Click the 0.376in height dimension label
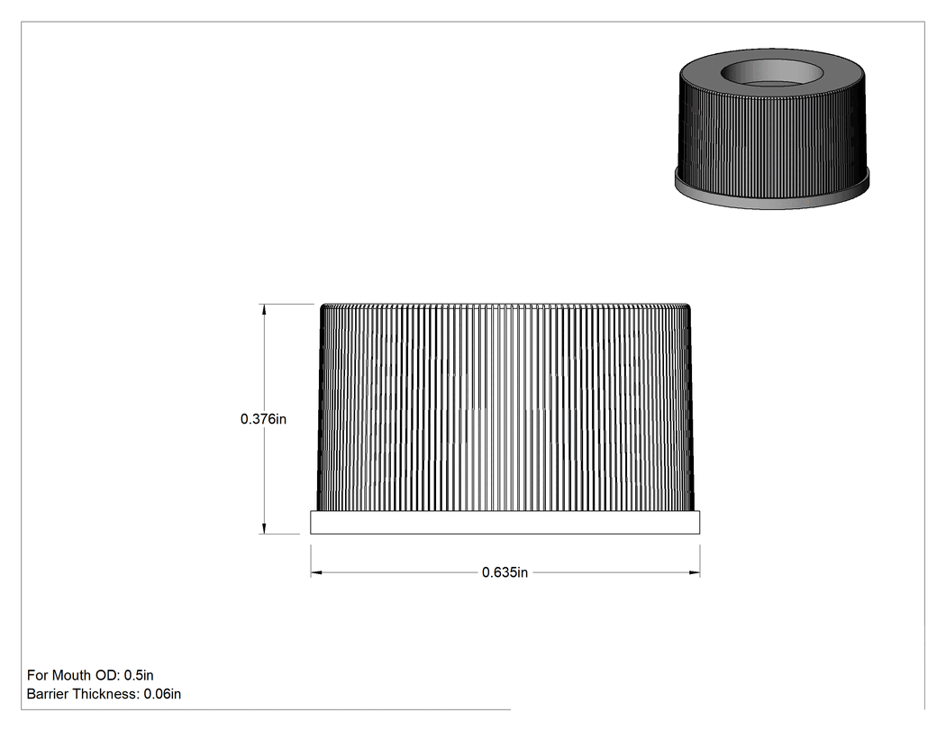(x=263, y=419)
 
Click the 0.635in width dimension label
(x=505, y=572)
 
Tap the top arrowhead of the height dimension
(x=263, y=309)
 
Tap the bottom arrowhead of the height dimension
(x=263, y=528)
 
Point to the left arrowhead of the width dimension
(x=316, y=572)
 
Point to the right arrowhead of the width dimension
(x=695, y=572)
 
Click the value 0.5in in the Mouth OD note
(x=139, y=675)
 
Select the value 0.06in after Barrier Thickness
(x=162, y=694)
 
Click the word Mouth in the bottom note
(x=72, y=675)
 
